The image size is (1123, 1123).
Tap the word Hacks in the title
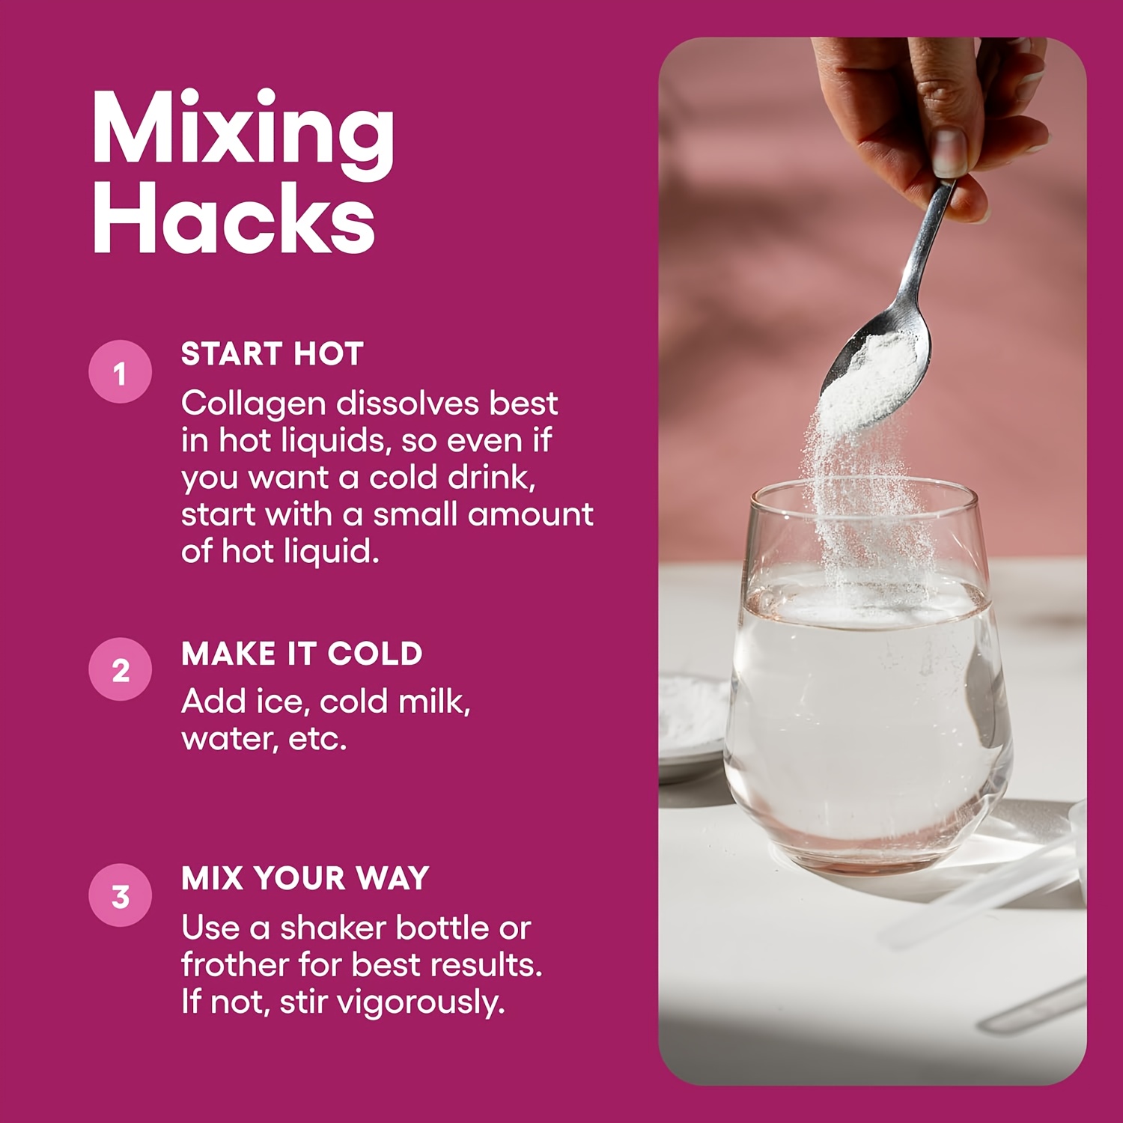tap(234, 217)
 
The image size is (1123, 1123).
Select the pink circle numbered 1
tap(121, 372)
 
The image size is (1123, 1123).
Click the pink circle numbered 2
tap(121, 669)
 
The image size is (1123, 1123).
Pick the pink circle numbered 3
tap(121, 895)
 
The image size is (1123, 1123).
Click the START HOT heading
tap(273, 354)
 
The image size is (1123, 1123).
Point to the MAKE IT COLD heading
tap(302, 654)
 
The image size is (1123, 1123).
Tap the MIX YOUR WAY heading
tap(305, 878)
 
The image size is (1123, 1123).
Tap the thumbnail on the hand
tap(949, 150)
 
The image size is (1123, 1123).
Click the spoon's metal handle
tap(928, 247)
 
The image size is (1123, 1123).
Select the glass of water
tap(868, 678)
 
